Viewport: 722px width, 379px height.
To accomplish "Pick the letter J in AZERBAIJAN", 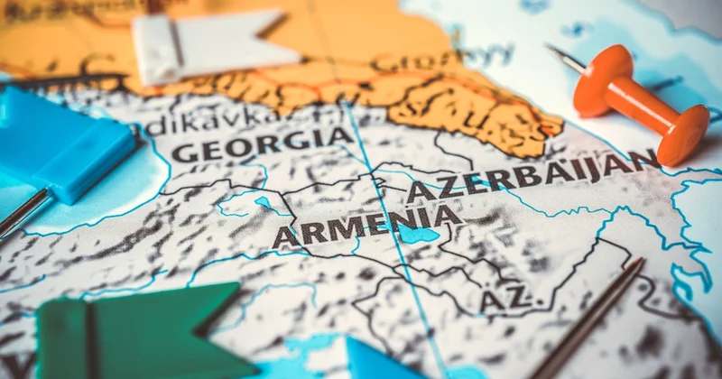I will click(596, 168).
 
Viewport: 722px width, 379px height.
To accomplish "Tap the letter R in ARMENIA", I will click(310, 235).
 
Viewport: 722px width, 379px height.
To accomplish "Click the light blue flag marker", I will click(68, 144).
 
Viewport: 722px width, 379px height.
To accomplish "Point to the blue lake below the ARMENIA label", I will click(417, 236).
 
